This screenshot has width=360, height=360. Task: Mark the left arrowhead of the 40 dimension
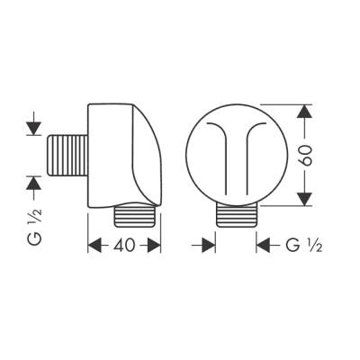(x=94, y=243)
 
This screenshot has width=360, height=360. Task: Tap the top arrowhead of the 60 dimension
(x=304, y=111)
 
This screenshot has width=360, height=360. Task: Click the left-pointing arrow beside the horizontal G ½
(x=265, y=243)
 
